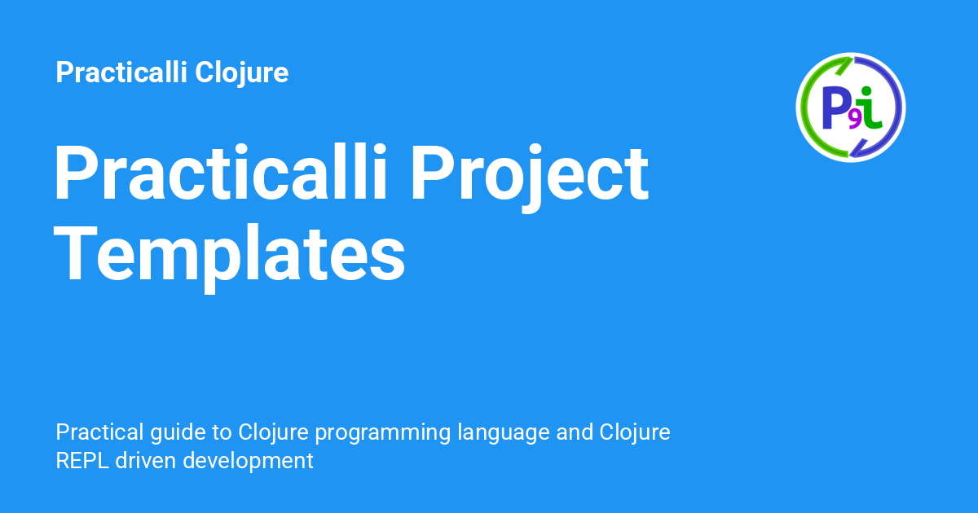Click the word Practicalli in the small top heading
click(x=121, y=72)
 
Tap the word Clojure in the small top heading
click(x=241, y=72)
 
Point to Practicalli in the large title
click(x=220, y=173)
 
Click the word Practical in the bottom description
click(x=100, y=432)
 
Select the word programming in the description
click(x=382, y=433)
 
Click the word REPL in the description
click(x=82, y=461)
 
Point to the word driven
click(x=145, y=461)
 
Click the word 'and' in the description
click(x=575, y=432)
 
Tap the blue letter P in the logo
click(x=835, y=107)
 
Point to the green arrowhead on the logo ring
click(x=844, y=64)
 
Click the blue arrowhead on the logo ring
click(x=858, y=148)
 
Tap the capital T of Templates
click(x=75, y=254)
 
